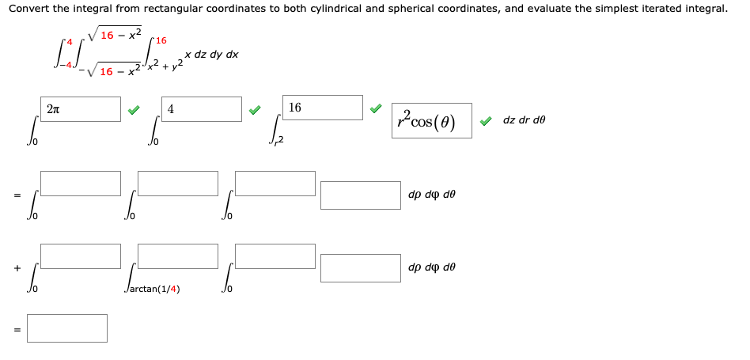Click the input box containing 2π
81,109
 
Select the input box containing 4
202,109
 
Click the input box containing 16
323,108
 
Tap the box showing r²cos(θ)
432,120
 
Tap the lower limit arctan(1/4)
153,289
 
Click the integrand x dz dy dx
211,55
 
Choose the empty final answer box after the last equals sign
67,328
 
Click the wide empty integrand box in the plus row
361,267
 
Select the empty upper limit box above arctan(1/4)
177,256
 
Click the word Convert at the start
28,9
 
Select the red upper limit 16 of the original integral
161,40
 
